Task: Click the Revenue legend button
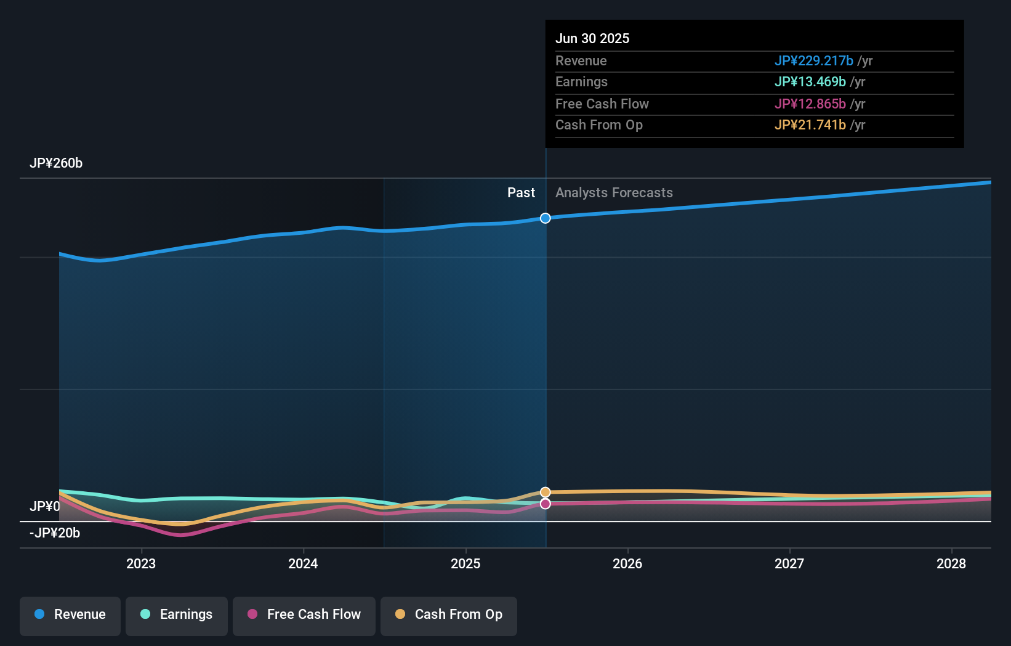coord(70,615)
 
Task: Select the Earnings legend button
coord(177,615)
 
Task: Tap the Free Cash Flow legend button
coord(304,615)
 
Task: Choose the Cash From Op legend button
coord(449,615)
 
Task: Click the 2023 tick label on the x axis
coord(141,564)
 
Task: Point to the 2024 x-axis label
coord(303,564)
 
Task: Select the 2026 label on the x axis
coord(627,564)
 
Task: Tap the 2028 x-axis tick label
coord(951,564)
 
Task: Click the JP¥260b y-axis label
coord(56,163)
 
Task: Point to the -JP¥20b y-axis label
coord(55,533)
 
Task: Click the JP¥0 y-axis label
coord(44,507)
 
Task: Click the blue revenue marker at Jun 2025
coord(546,218)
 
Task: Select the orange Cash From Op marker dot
coord(546,492)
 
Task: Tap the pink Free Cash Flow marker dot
coord(546,504)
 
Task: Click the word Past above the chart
coord(521,193)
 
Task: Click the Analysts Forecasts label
coord(614,193)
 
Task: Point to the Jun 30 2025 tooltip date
coord(592,39)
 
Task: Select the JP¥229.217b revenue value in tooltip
coord(813,61)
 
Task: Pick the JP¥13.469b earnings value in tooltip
coord(810,82)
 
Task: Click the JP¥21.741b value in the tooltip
coord(810,125)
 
